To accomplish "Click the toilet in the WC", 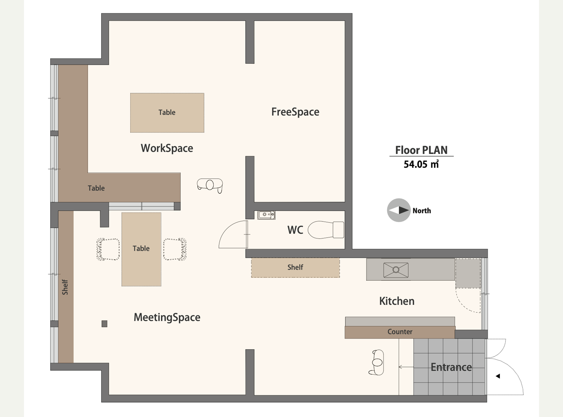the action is coord(326,230).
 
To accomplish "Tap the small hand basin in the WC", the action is coord(266,215).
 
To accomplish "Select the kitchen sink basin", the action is coord(396,270).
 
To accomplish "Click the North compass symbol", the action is coord(399,210).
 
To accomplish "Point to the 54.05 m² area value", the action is coord(421,164).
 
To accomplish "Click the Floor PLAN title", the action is coord(421,150).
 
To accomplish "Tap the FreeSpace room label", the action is coord(295,112).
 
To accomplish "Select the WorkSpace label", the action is coord(167,148).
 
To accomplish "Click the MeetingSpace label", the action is coord(167,317).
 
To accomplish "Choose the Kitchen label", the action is coord(397,301).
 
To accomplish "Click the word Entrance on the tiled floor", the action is coord(451,367).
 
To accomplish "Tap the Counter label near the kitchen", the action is coord(400,332).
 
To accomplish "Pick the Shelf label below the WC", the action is coord(295,267).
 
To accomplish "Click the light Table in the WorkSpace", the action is coord(167,113).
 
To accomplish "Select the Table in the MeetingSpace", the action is coord(141,249).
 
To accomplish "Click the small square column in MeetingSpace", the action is coord(104,324).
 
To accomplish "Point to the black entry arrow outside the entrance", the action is coord(498,376).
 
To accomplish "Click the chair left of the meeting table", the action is coord(108,249).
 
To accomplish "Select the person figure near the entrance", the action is coord(377,363).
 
